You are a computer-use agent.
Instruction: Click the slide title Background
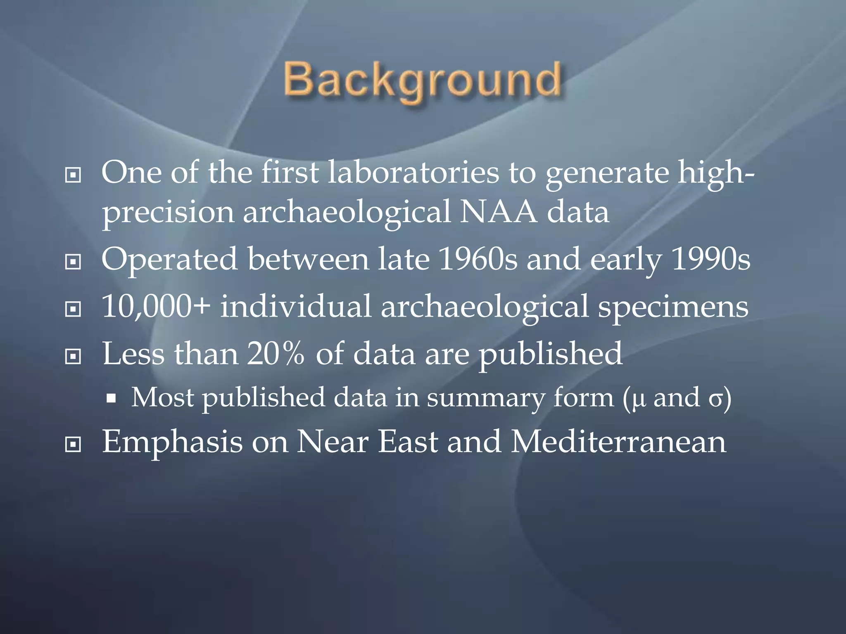pos(422,80)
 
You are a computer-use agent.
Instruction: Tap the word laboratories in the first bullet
pos(413,173)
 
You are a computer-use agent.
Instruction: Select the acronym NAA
pos(499,212)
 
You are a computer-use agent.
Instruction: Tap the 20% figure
pos(276,353)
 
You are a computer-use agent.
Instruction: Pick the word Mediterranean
pos(618,442)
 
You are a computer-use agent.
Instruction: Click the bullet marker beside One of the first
pos(73,175)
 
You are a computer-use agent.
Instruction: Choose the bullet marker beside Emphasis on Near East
pos(73,445)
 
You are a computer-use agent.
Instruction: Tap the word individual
pos(296,307)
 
